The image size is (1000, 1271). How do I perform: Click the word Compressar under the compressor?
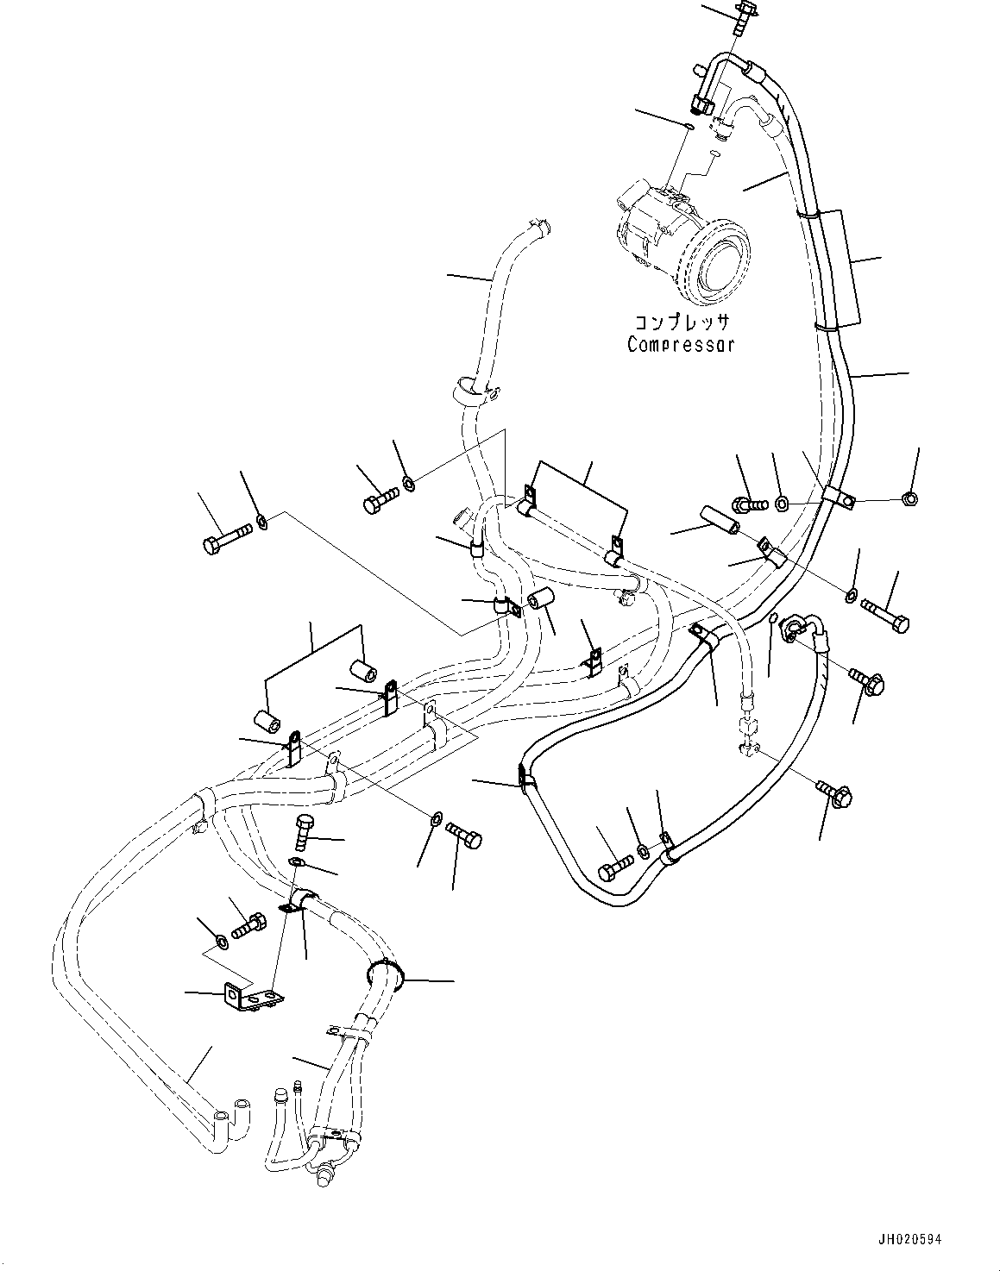click(x=681, y=345)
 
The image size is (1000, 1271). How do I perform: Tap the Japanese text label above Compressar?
click(x=682, y=323)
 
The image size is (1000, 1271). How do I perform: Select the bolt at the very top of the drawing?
click(x=743, y=17)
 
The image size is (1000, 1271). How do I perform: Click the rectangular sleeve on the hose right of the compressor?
click(x=840, y=268)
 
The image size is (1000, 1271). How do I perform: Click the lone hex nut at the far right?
click(x=908, y=498)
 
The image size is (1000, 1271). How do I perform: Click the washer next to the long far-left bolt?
click(x=261, y=521)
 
